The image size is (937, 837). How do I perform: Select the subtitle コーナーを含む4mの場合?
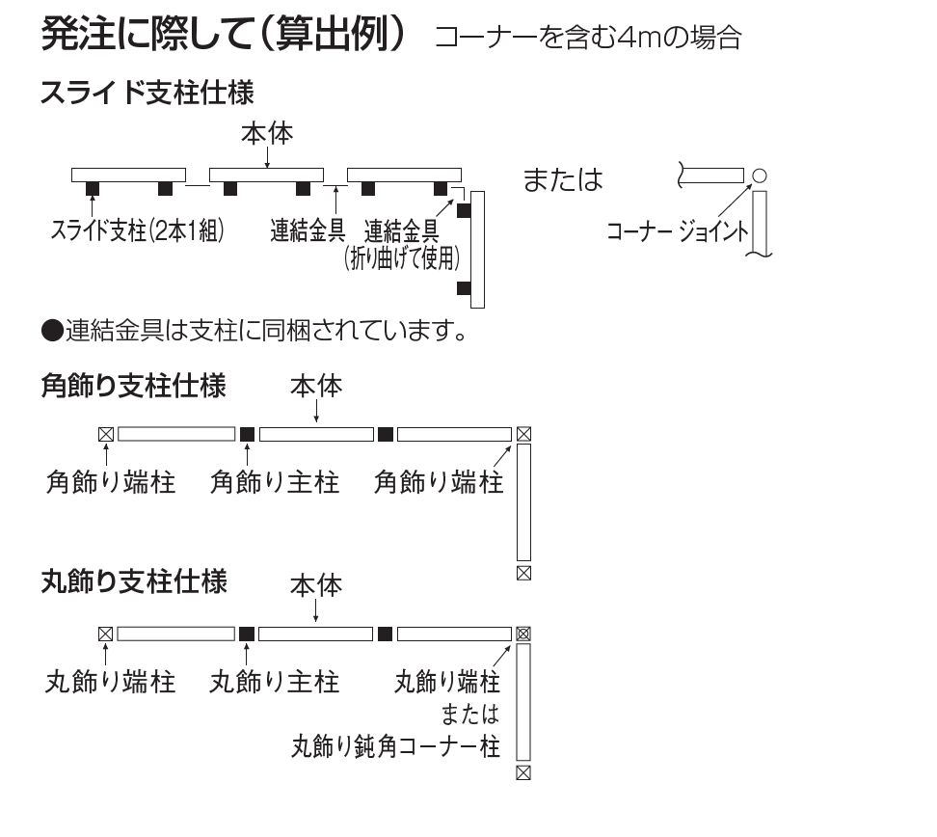(x=588, y=39)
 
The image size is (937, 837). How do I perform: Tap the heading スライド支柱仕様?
(x=147, y=94)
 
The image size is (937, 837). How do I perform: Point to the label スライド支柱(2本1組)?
(x=137, y=230)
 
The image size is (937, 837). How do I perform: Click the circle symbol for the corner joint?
(x=760, y=175)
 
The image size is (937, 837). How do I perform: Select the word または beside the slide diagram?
(x=562, y=180)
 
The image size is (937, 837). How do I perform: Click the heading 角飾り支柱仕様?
(x=133, y=387)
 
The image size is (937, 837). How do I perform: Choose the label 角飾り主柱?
(x=275, y=482)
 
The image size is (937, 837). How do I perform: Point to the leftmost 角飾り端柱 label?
(x=111, y=482)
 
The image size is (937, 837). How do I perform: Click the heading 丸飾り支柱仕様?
(x=134, y=582)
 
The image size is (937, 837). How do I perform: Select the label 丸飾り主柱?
(x=275, y=683)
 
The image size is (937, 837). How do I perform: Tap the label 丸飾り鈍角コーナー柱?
(x=395, y=746)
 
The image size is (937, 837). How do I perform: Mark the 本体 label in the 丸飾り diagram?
(x=316, y=585)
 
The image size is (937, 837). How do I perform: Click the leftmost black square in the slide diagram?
(x=94, y=188)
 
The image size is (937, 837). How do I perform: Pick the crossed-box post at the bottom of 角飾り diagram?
(x=523, y=573)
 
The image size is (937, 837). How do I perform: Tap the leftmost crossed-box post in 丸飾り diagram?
(x=105, y=634)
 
